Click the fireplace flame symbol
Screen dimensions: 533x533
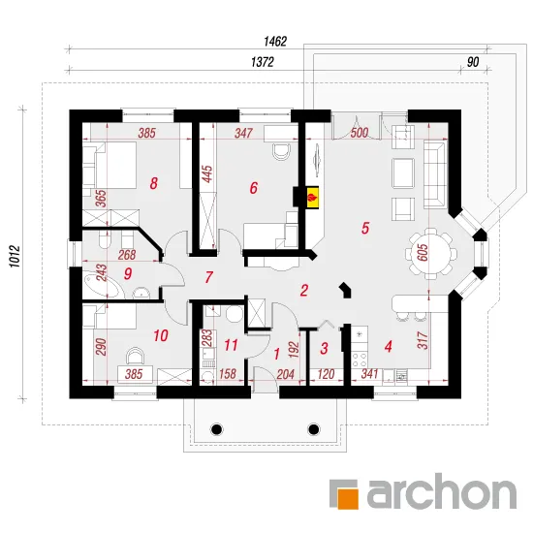tap(313, 197)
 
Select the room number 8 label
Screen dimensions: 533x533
tap(154, 183)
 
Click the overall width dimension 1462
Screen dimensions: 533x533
tap(275, 42)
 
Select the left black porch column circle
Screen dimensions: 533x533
tap(216, 429)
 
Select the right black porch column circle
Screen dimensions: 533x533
tap(313, 429)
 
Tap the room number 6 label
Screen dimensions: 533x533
tap(254, 188)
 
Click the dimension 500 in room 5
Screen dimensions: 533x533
tap(360, 133)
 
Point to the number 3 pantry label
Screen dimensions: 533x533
tap(324, 348)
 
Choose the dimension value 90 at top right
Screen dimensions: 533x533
tap(473, 62)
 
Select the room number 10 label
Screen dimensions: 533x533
tap(161, 336)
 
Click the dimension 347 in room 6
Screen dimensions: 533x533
tap(243, 133)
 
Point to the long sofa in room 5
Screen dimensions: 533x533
tap(434, 174)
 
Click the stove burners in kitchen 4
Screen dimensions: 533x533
tap(360, 361)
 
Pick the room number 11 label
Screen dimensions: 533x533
tap(231, 345)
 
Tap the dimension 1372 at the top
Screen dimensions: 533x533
tap(263, 62)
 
